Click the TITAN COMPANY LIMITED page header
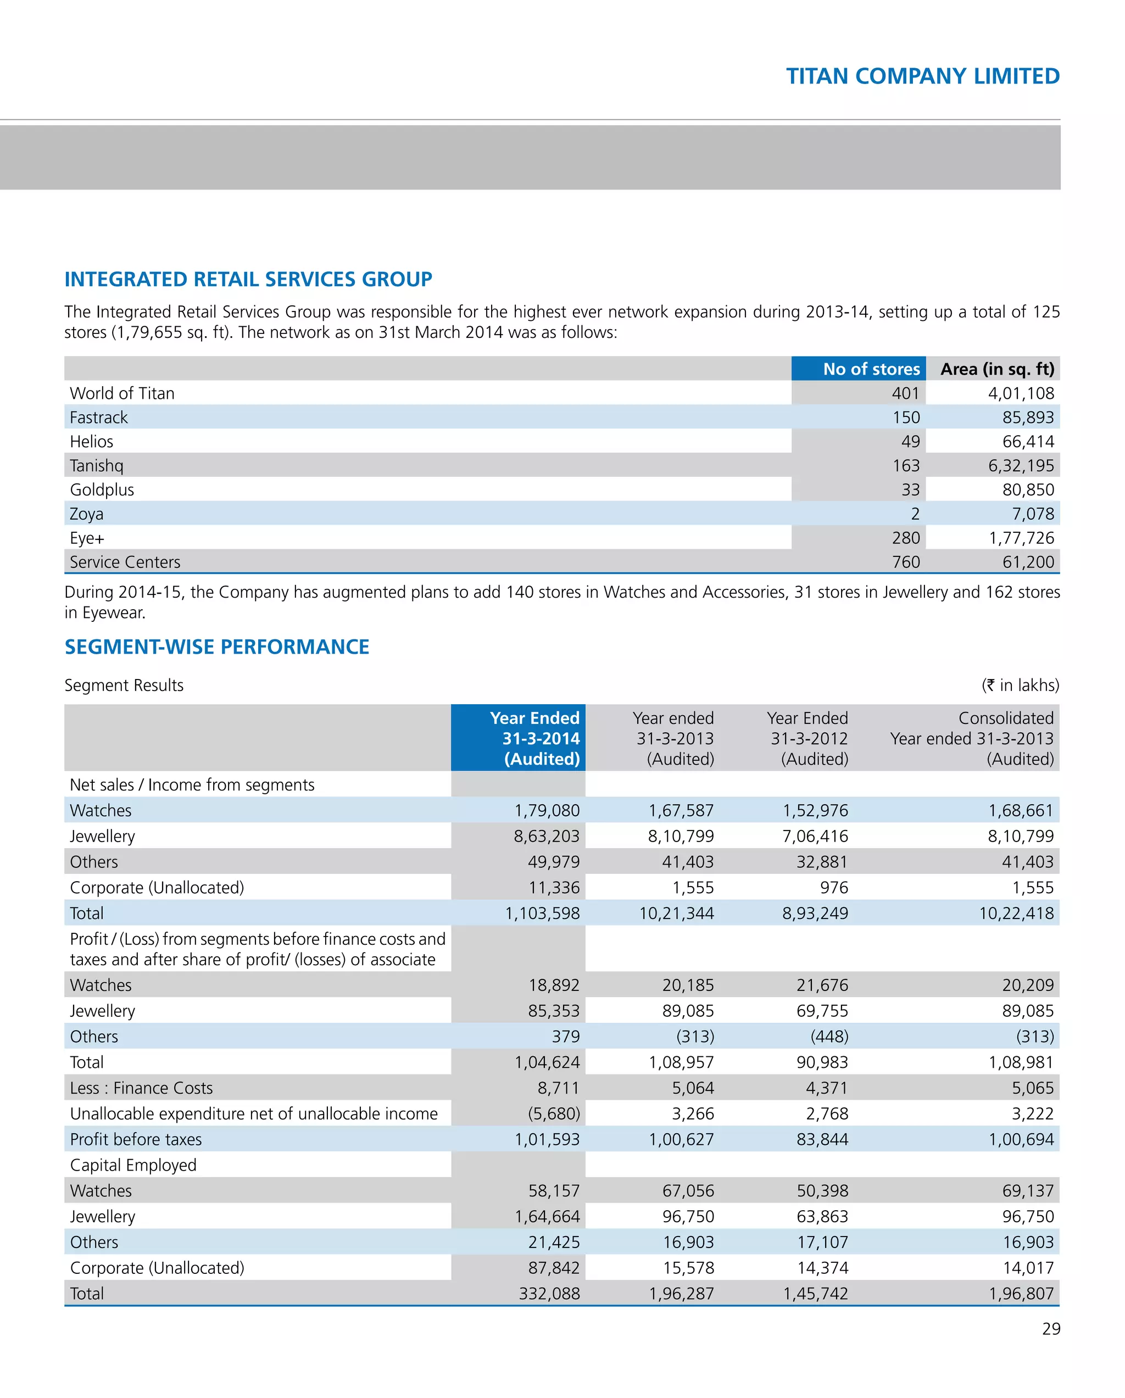[x=922, y=76]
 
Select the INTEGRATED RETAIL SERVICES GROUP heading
[x=248, y=280]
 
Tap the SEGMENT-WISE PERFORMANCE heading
[x=216, y=647]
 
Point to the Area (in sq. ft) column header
[x=996, y=369]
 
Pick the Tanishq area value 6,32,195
[x=1021, y=466]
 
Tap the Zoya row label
[x=86, y=514]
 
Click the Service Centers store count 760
[x=905, y=561]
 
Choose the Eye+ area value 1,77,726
[x=1021, y=538]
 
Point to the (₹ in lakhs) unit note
[x=1020, y=685]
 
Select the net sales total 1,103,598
[x=542, y=913]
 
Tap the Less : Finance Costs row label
[x=141, y=1088]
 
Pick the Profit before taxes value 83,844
[x=822, y=1139]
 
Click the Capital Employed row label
[x=133, y=1165]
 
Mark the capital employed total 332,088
[x=549, y=1293]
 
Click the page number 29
[x=1050, y=1329]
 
